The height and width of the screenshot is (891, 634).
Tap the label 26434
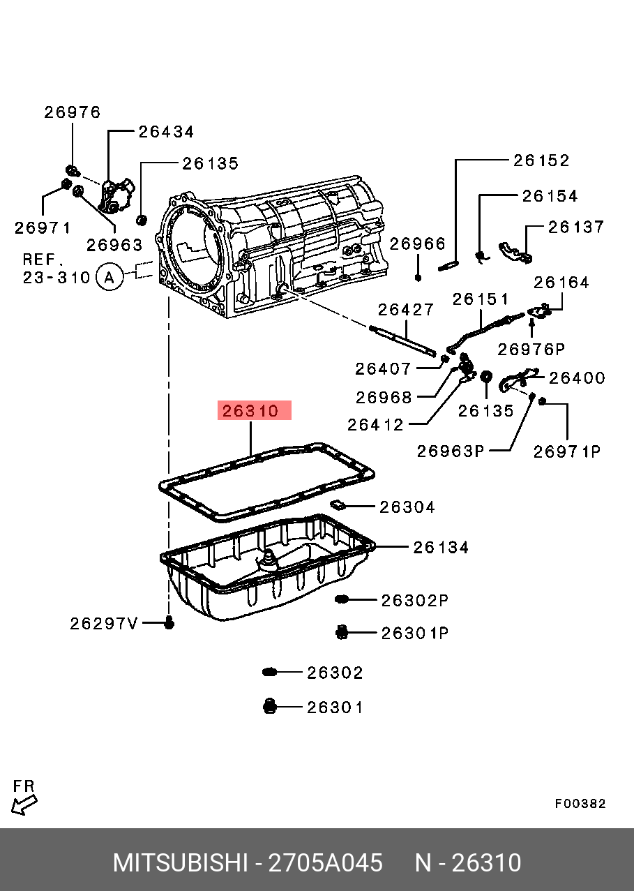166,132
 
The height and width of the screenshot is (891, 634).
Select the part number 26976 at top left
73,112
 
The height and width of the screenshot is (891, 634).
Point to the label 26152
541,160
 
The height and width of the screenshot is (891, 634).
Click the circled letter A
109,277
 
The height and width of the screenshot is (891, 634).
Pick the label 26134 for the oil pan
441,548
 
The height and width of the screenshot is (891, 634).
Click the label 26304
407,507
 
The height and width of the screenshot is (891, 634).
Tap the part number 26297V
105,623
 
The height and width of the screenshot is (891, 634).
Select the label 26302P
414,600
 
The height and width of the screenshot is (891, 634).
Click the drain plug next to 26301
270,707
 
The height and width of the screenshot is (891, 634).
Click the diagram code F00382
580,804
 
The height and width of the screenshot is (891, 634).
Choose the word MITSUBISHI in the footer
180,863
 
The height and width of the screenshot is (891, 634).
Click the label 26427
406,309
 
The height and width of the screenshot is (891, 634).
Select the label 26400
577,378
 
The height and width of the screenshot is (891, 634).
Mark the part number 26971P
567,451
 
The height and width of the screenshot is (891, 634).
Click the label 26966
417,244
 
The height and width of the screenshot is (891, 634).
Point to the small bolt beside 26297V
169,622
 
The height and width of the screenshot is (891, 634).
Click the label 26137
575,227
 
